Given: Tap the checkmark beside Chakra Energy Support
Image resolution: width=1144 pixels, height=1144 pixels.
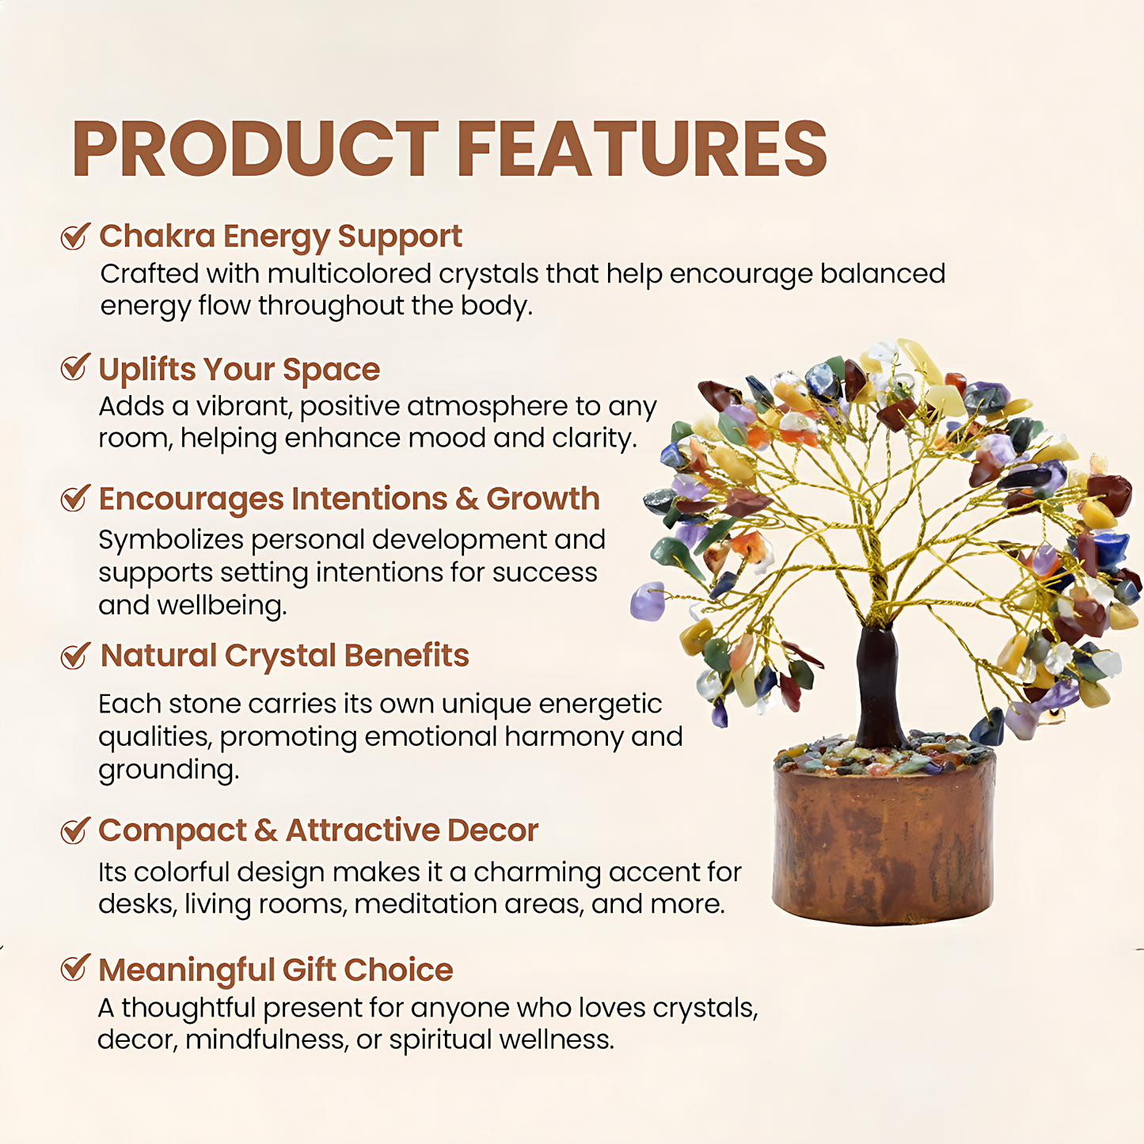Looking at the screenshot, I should click(75, 236).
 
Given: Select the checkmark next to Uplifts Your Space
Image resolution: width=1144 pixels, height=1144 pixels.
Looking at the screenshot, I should click(75, 367).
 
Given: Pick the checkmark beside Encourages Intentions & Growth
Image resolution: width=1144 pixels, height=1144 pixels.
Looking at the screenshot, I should click(75, 498).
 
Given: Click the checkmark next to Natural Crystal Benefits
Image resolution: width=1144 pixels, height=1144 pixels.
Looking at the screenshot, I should click(75, 656).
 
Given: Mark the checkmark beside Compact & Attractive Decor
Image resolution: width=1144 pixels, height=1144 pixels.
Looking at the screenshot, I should click(75, 830).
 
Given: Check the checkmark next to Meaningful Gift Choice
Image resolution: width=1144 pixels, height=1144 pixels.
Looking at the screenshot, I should click(75, 968).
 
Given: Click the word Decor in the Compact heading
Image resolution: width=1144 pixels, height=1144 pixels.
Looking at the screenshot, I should click(492, 830).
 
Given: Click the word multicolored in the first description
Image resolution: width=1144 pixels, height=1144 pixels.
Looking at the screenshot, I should click(348, 274).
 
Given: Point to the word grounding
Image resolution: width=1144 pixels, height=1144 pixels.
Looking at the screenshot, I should click(168, 770).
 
